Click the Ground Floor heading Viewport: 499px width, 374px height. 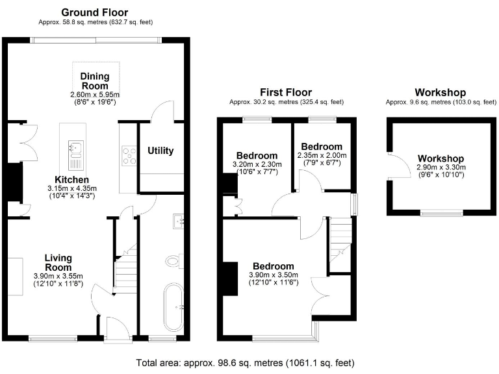(94, 12)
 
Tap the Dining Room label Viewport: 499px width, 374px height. (95, 81)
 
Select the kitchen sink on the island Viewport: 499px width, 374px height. (75, 149)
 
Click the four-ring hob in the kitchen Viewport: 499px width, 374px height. (128, 156)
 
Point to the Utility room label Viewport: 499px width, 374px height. (160, 151)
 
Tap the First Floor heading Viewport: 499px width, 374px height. (285, 93)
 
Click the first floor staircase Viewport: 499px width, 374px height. (340, 243)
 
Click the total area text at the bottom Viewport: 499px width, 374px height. (245, 362)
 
